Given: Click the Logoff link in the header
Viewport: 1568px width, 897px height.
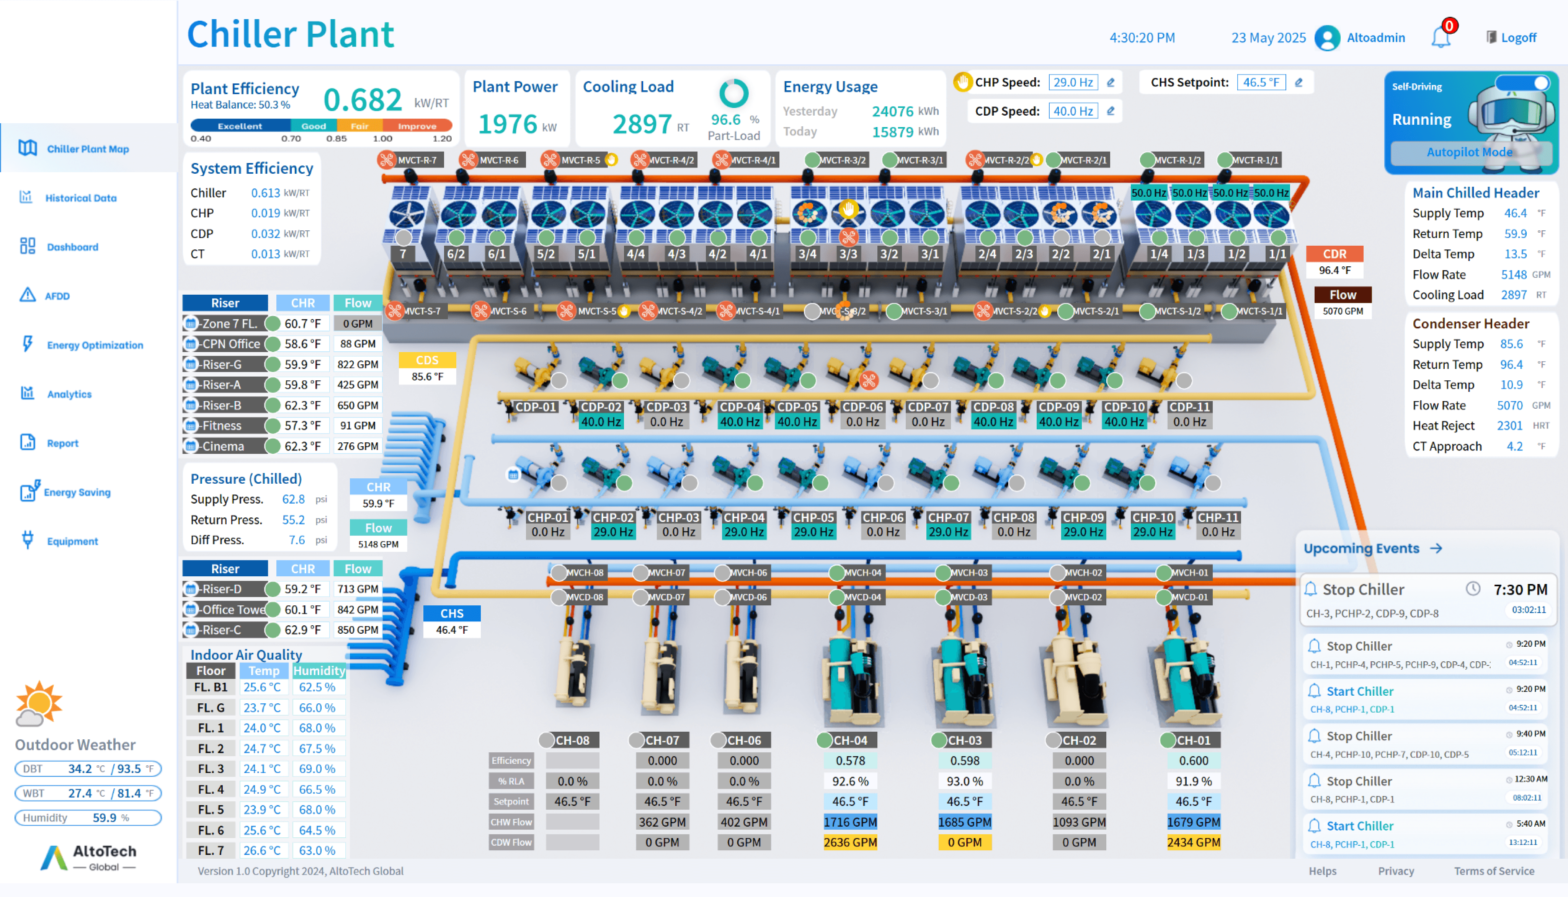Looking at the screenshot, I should (x=1517, y=38).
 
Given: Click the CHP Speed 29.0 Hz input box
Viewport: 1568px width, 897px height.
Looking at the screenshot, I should (x=1073, y=82).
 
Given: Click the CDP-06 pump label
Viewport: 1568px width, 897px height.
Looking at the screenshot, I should (x=862, y=407).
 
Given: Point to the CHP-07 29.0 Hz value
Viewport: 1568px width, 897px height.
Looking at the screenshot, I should (x=948, y=532).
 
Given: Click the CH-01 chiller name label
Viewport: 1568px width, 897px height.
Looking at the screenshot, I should (x=1193, y=740).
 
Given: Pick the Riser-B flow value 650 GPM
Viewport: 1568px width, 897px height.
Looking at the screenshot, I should (x=357, y=405).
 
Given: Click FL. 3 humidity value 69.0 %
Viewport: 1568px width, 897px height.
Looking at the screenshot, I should (x=317, y=769).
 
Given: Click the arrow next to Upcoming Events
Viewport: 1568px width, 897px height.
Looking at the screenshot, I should (x=1436, y=548).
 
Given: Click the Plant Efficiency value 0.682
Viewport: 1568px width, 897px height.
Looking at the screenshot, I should (x=362, y=100).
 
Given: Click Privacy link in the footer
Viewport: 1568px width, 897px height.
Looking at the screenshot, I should (x=1395, y=871).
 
